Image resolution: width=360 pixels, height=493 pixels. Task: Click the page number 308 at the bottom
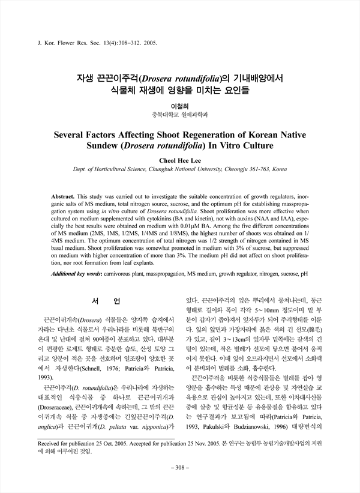point(180,467)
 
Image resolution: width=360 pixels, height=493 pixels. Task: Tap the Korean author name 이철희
point(180,104)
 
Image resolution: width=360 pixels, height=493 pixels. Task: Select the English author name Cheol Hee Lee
point(180,160)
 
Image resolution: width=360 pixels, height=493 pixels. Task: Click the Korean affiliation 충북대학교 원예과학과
point(180,114)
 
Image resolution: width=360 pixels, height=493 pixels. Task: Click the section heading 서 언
point(108,300)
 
